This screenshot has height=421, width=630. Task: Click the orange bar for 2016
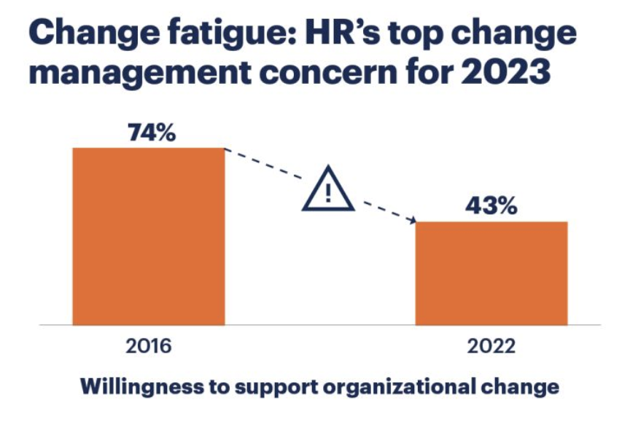pos(148,236)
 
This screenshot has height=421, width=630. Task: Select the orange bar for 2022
pos(491,273)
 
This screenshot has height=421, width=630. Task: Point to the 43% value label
pos(491,206)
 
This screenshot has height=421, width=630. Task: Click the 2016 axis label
pos(148,346)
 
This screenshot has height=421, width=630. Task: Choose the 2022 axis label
pos(491,346)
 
